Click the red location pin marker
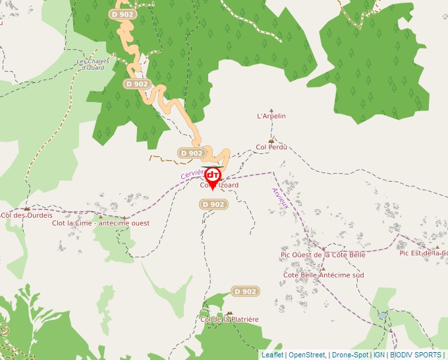212,176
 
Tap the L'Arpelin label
271,116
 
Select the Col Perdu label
271,147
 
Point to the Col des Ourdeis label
26,215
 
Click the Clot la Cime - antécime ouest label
100,223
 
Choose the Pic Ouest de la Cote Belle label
323,255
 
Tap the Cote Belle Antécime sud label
323,275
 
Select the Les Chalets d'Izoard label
90,64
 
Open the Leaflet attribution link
272,355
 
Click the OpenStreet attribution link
307,355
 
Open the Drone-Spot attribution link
350,355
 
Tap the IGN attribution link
379,355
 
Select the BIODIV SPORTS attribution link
416,355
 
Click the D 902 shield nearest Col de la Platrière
245,292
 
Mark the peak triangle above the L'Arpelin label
271,110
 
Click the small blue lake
383,316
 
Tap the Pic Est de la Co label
423,253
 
